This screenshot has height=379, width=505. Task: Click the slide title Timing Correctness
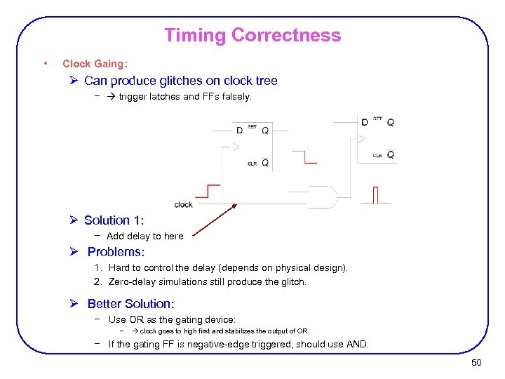(252, 35)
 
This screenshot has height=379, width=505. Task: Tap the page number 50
(476, 362)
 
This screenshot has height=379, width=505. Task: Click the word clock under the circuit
(184, 204)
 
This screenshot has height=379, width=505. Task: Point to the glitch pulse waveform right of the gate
(375, 194)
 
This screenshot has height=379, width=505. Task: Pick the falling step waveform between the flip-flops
(304, 157)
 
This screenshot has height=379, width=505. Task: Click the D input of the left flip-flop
(240, 130)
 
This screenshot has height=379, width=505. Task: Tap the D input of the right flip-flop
(364, 122)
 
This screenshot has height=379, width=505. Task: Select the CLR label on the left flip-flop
(252, 164)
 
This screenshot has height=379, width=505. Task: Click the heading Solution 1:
(114, 220)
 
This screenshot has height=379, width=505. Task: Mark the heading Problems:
(116, 252)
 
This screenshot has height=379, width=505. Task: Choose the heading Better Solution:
(130, 304)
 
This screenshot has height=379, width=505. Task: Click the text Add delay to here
(144, 237)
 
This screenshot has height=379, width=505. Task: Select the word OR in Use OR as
(136, 319)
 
